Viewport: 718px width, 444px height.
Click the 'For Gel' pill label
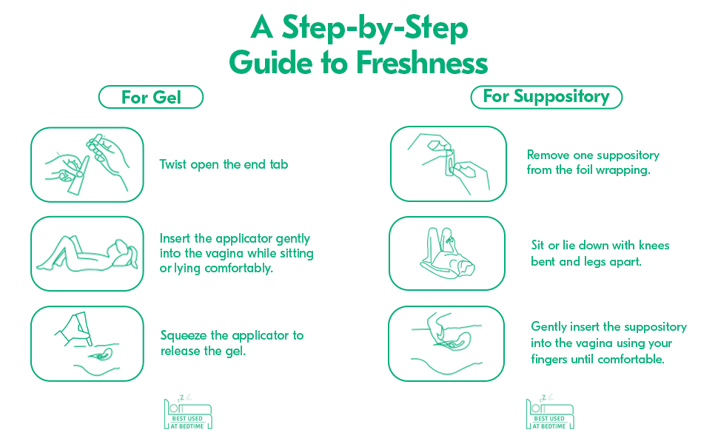(x=151, y=97)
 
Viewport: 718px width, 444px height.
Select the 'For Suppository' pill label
(x=546, y=97)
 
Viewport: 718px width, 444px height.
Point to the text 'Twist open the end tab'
(x=224, y=164)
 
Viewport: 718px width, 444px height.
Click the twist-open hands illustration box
(x=87, y=165)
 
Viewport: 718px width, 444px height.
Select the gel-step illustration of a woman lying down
(x=87, y=254)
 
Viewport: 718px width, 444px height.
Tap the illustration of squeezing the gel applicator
(x=87, y=344)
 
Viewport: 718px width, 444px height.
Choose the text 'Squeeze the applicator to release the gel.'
(x=232, y=343)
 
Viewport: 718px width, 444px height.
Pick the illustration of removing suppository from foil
(x=449, y=164)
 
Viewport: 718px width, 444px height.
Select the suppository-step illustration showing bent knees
(x=447, y=253)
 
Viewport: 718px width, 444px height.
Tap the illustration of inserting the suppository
(x=446, y=344)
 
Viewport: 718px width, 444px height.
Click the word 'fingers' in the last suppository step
(x=549, y=360)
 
